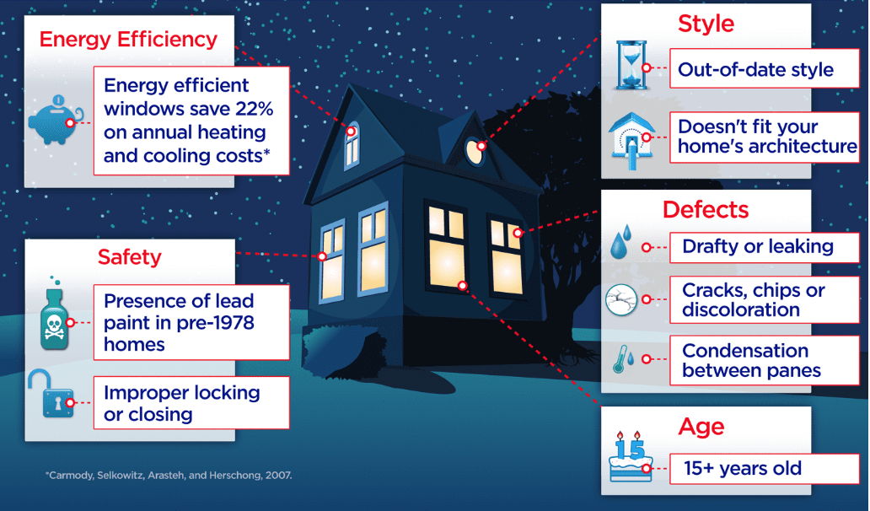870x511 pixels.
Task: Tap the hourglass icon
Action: point(631,65)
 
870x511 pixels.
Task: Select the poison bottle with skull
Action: point(54,317)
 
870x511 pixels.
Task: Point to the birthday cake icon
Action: point(631,457)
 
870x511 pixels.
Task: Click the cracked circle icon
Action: point(620,299)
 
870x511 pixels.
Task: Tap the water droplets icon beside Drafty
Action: point(621,242)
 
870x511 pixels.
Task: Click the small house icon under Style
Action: point(631,138)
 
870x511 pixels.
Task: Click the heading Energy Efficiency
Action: point(128,40)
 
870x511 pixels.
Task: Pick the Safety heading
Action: point(129,257)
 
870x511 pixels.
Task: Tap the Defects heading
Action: point(706,210)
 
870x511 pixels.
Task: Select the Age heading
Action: point(701,427)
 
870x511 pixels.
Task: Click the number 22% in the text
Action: point(254,109)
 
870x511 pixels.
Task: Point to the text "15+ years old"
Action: point(743,468)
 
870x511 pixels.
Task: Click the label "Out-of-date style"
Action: point(755,69)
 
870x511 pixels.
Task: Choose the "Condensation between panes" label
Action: point(751,361)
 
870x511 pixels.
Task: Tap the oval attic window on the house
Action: point(475,151)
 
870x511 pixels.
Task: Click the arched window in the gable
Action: point(352,145)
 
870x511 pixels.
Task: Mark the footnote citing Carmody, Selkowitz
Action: point(169,476)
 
